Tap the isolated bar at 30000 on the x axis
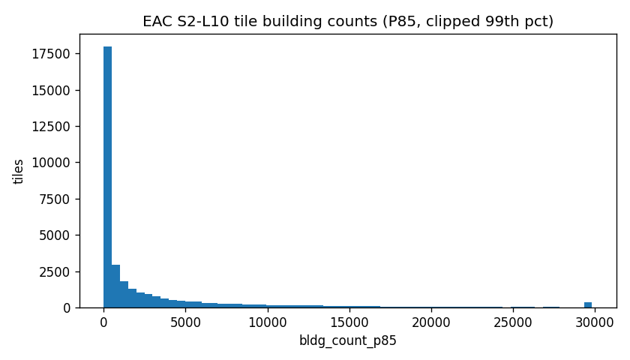[588, 304]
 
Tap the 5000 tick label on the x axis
[185, 322]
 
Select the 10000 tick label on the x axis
[267, 322]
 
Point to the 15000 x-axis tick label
[349, 322]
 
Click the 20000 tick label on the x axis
[430, 322]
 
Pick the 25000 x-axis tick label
[512, 322]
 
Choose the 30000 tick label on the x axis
[594, 322]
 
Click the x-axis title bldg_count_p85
[348, 340]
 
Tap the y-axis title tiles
[19, 171]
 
